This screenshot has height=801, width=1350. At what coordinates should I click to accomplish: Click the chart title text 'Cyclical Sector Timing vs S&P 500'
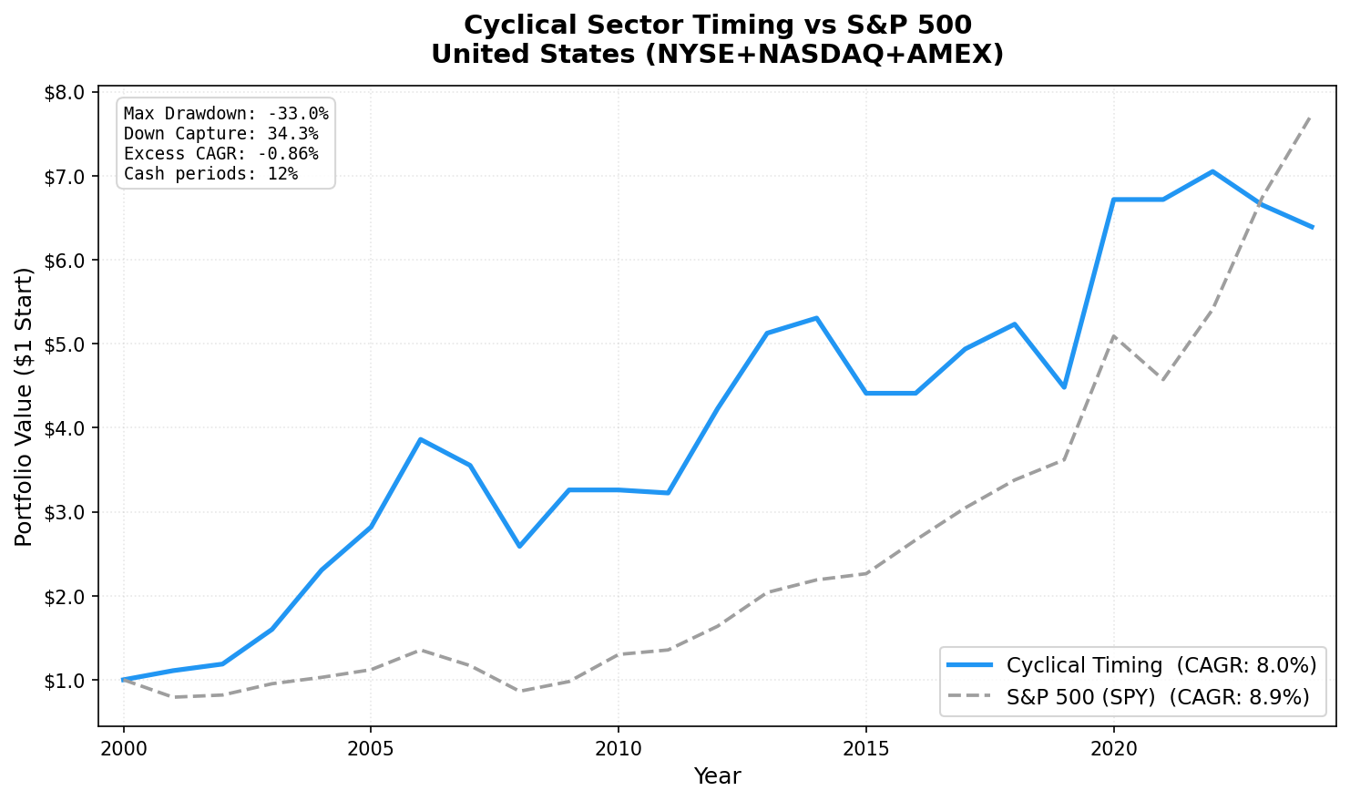point(717,25)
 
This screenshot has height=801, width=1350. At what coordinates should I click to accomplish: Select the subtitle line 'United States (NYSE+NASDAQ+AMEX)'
point(717,55)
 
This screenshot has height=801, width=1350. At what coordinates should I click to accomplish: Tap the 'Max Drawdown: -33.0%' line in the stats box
point(226,114)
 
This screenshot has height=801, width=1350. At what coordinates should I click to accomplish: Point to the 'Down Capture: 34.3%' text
point(220,134)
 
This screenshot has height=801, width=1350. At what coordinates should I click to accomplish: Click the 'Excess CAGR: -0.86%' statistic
point(220,154)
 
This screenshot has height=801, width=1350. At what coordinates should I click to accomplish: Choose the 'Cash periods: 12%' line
point(210,174)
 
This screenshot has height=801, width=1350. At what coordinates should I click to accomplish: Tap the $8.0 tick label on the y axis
point(64,92)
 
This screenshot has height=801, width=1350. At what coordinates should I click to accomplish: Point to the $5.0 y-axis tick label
point(64,344)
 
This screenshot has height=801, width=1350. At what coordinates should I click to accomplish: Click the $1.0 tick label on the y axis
point(64,681)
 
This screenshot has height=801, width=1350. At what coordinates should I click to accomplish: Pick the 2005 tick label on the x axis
point(371,749)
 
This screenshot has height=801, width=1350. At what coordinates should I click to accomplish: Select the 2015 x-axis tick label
point(865,749)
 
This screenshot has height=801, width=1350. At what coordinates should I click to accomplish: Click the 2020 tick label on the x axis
point(1113,749)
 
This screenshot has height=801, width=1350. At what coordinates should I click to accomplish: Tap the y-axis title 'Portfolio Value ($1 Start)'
point(25,407)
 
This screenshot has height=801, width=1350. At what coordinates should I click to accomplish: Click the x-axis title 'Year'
point(717,776)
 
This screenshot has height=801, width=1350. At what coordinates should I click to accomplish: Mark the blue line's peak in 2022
point(1212,171)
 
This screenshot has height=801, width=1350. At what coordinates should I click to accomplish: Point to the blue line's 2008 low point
point(519,547)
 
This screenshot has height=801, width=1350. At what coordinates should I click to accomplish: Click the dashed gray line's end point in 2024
point(1311,115)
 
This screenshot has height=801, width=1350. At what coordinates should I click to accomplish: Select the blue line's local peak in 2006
point(420,439)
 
